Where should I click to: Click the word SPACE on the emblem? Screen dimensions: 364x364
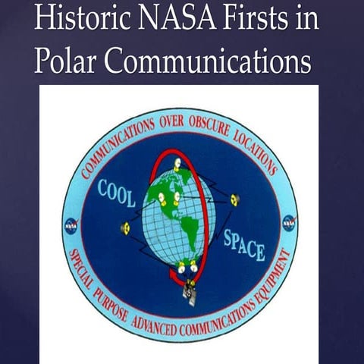[244, 244]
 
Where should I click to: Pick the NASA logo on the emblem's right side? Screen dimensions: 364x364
[289, 223]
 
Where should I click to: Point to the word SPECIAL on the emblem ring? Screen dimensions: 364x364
[84, 270]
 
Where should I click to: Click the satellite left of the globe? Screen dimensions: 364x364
[125, 227]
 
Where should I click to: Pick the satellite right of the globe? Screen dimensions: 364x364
[234, 199]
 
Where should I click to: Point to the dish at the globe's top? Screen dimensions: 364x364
[176, 162]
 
